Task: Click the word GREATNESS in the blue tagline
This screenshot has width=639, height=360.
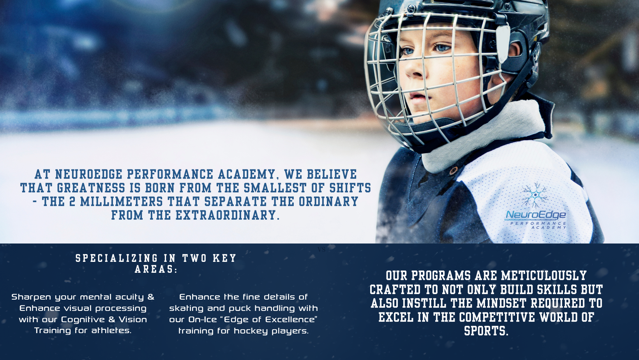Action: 91,188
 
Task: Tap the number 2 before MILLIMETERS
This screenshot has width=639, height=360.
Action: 72,202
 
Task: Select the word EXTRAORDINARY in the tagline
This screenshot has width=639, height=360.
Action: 228,215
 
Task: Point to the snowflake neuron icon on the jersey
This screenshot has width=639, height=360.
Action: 535,195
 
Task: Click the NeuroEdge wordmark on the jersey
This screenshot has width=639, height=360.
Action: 536,215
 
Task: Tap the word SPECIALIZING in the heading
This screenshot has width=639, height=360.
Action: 117,258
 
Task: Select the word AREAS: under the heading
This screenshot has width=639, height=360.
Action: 156,269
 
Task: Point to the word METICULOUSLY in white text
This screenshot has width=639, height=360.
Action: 544,276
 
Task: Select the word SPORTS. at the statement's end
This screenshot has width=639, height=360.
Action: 486,331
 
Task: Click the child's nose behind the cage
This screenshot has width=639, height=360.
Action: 414,71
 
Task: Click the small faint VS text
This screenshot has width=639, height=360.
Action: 321,250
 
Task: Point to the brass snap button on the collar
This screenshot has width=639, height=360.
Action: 453,171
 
